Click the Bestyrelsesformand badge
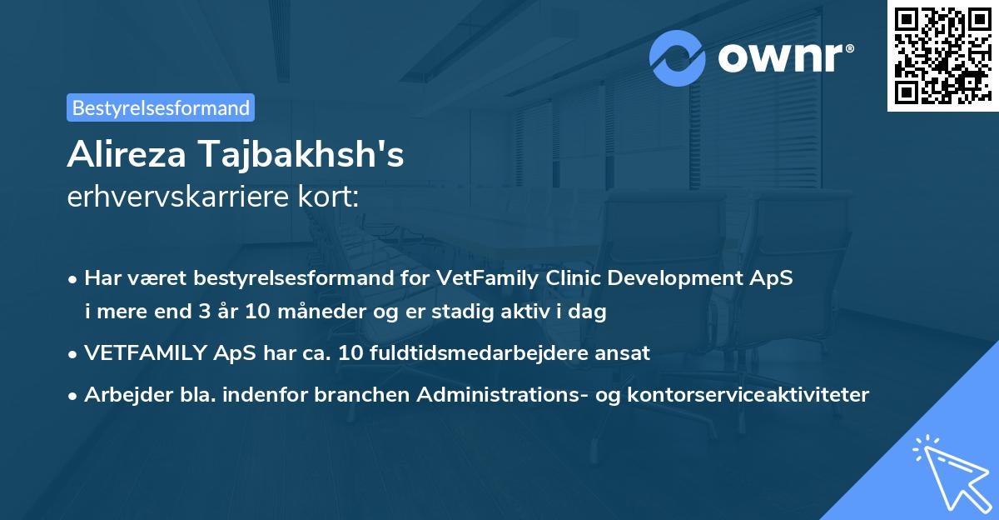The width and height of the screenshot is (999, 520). tap(161, 107)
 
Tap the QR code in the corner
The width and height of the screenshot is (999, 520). tap(942, 55)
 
